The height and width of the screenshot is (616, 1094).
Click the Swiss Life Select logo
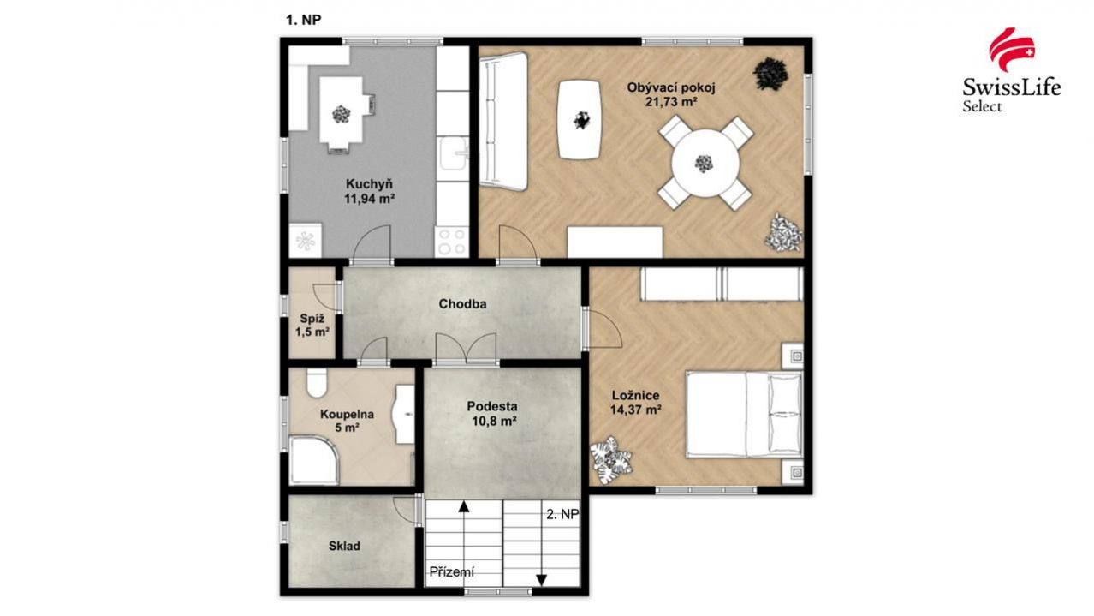coord(1011,70)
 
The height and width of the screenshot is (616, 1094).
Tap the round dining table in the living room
coord(705,164)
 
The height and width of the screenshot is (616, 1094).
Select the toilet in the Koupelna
coord(317,382)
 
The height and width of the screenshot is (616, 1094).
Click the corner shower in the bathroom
coord(313,460)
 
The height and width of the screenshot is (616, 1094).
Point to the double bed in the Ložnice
coord(744,414)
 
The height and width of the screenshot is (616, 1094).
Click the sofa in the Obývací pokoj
coord(503,121)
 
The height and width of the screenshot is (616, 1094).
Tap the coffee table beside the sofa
coord(580,120)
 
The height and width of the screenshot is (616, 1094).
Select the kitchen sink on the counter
coord(453,153)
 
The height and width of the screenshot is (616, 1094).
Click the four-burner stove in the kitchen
coord(452,242)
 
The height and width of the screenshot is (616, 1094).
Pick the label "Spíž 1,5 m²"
coord(312,326)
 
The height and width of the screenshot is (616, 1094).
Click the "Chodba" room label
coord(462,304)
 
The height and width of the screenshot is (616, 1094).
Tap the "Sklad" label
coord(344,546)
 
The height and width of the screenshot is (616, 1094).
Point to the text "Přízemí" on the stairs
coord(452,571)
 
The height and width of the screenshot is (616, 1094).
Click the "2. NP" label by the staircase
coord(562,514)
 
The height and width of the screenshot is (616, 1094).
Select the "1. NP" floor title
coord(303,20)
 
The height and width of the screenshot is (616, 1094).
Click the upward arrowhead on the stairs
coord(463,506)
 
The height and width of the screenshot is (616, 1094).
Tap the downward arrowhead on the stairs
coord(541,580)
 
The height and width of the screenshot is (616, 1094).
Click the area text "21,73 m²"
coord(671,102)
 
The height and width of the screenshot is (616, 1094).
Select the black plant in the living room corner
coord(770,74)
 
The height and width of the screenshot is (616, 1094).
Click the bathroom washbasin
coord(403,415)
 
